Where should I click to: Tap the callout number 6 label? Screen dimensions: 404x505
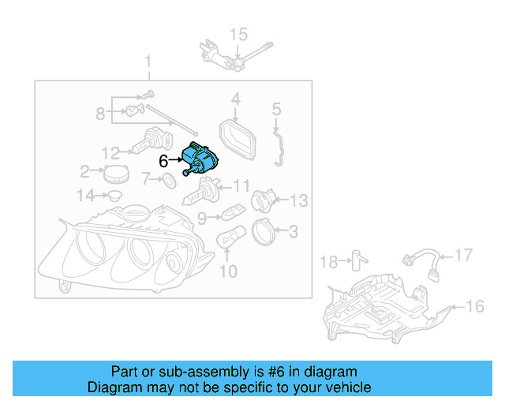pos(163,161)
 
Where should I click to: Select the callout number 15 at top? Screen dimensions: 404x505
pos(238,34)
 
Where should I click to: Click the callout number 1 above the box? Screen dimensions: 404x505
pos(147,62)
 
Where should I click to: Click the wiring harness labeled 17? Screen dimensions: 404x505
pos(417,263)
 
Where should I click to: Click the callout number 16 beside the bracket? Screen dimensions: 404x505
pos(475,306)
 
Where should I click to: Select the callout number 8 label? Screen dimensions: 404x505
pos(100,114)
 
